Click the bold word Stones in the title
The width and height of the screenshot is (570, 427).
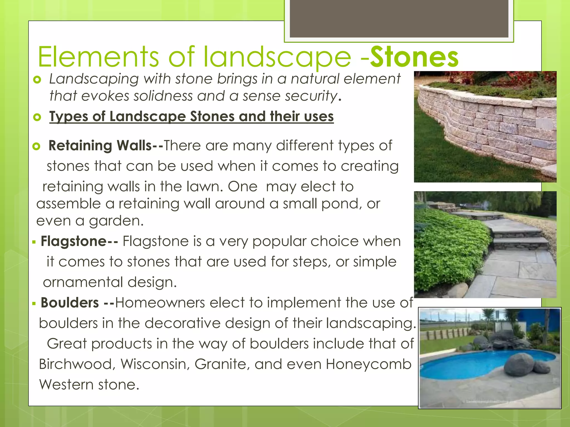pyautogui.click(x=414, y=57)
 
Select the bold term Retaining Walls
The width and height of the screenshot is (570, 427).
pyautogui.click(x=100, y=145)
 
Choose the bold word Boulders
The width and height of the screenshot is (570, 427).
pyautogui.click(x=70, y=302)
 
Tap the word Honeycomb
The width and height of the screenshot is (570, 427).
pyautogui.click(x=368, y=364)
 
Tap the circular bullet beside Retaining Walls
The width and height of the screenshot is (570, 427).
pyautogui.click(x=36, y=146)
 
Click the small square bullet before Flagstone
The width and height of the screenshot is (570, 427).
pyautogui.click(x=34, y=242)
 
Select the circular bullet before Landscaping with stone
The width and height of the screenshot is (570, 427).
pyautogui.click(x=37, y=80)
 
